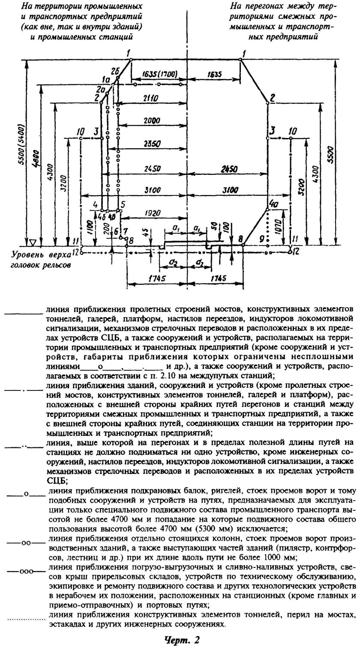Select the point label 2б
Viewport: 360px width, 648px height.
[114, 71]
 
